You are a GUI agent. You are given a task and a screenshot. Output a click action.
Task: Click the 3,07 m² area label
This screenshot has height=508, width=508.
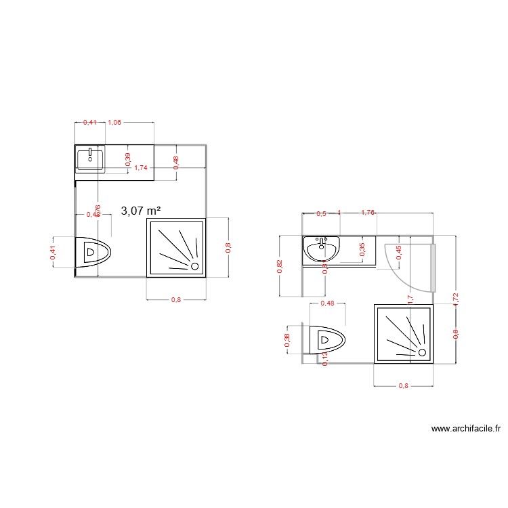pyautogui.click(x=141, y=211)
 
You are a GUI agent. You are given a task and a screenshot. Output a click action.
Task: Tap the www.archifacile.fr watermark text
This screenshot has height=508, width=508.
pyautogui.click(x=466, y=429)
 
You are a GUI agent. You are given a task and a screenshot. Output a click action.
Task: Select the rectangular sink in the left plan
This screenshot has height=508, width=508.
pyautogui.click(x=90, y=160)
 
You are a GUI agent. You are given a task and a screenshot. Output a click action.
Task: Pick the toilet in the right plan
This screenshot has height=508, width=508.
pyautogui.click(x=326, y=340)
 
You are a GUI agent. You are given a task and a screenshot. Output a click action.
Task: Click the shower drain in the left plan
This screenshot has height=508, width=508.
pyautogui.click(x=195, y=266)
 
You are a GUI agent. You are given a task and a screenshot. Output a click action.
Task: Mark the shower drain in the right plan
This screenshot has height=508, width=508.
pyautogui.click(x=422, y=352)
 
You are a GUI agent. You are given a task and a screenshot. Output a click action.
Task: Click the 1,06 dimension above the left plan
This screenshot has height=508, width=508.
pyautogui.click(x=114, y=123)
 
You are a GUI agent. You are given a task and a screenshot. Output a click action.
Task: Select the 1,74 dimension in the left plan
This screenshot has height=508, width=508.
pyautogui.click(x=141, y=167)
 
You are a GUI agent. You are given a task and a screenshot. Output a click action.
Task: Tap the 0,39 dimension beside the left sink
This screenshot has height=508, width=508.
pyautogui.click(x=128, y=158)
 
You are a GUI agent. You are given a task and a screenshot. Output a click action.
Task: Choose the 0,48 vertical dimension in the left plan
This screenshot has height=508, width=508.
pyautogui.click(x=176, y=163)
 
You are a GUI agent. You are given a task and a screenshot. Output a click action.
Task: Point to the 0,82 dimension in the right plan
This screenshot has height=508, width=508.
pyautogui.click(x=280, y=266)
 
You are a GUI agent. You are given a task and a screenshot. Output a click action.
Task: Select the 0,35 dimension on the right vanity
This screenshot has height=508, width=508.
pyautogui.click(x=362, y=249)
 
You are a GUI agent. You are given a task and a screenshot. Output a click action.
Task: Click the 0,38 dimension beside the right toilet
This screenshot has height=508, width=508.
pyautogui.click(x=287, y=341)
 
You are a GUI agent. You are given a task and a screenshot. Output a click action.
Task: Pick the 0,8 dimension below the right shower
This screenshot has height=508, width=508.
pyautogui.click(x=403, y=386)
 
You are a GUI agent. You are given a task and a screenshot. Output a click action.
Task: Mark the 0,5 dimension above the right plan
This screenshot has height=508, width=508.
pyautogui.click(x=321, y=214)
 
